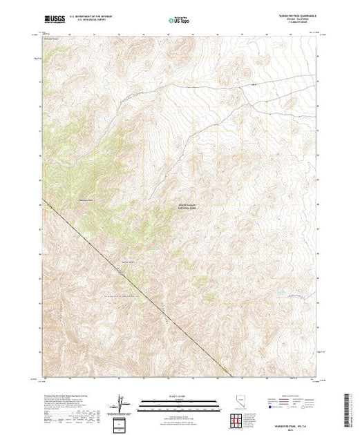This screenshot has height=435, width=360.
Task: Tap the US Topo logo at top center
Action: click(x=179, y=21)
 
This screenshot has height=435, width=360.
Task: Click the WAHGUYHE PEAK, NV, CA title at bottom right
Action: click(x=293, y=423)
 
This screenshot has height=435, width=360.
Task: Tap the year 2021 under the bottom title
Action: click(x=293, y=427)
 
